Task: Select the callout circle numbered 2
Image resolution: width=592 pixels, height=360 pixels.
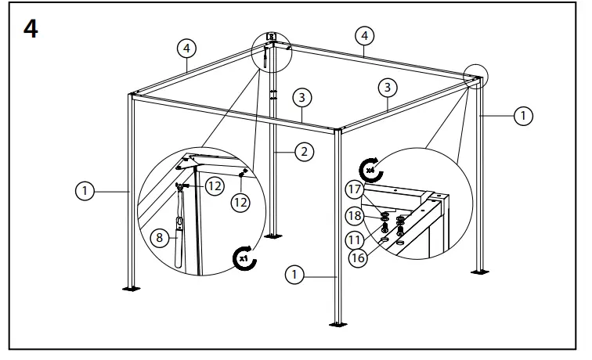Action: tap(305, 152)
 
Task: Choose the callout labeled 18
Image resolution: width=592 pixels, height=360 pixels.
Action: tap(356, 215)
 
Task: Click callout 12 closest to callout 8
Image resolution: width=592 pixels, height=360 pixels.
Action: tap(215, 186)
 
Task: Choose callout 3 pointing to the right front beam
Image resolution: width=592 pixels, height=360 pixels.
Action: tap(389, 86)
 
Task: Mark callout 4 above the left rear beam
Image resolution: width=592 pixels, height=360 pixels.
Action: tap(186, 49)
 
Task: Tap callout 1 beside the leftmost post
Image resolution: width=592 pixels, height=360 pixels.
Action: tap(85, 189)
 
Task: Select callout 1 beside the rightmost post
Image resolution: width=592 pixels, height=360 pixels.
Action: tap(522, 116)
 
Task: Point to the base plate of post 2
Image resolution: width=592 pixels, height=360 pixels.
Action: tap(274, 234)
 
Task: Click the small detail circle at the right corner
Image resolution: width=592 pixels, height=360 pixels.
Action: tap(473, 78)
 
